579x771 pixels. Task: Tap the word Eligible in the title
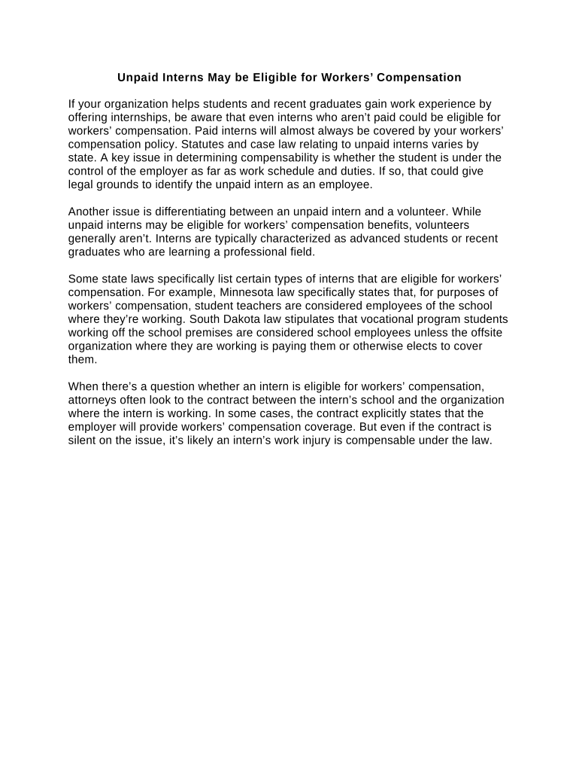pos(265,78)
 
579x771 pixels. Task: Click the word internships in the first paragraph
pos(135,117)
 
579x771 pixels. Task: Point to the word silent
pos(82,440)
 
